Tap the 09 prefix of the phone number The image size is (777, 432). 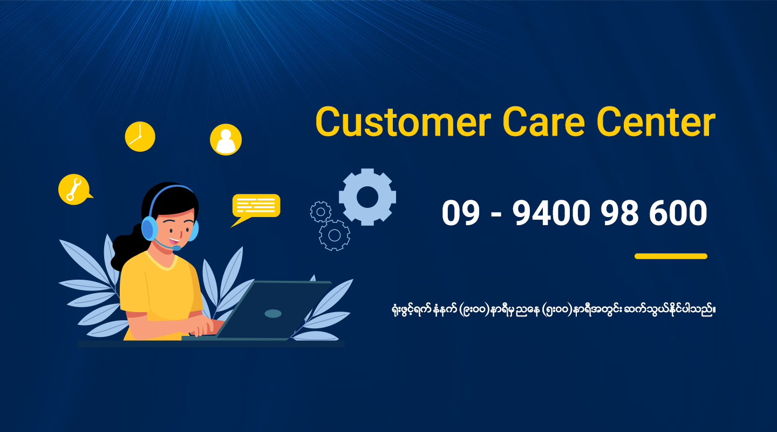pos(460,213)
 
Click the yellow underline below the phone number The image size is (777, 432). pos(671,256)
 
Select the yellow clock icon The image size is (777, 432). pos(140,137)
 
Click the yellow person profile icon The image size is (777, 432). pos(226,139)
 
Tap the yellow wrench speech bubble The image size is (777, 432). pos(73,190)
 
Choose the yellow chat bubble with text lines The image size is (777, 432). pos(256,206)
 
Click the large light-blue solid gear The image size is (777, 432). pos(367,197)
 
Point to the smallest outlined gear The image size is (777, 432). pos(321,211)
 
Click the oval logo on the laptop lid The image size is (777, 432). pos(273,313)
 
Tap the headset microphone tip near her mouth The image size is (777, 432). pos(176,248)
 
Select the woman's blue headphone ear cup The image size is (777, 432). pos(149,228)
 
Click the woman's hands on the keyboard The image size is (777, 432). pos(208,326)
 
